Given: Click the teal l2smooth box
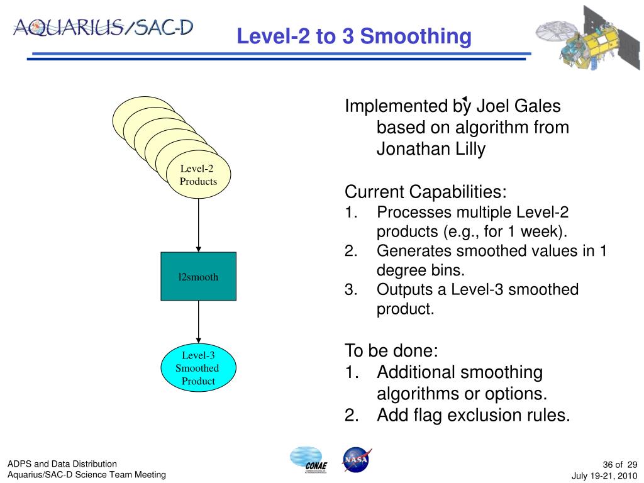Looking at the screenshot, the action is [x=198, y=277].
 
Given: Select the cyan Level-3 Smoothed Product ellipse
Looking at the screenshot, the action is [x=198, y=367].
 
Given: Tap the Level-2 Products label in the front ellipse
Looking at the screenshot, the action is [x=198, y=175].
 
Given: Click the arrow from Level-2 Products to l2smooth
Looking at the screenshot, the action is [x=198, y=226].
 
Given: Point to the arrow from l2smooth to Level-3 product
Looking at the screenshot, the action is [x=198, y=322].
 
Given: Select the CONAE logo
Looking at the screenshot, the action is [x=309, y=460].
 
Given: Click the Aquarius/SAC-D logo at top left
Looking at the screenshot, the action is [x=103, y=28].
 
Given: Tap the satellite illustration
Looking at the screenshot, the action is [x=588, y=38].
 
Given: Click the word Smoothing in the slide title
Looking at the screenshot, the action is [x=416, y=36].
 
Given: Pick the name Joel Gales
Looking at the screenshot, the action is [x=518, y=106].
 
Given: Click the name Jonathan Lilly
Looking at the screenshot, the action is [x=431, y=148].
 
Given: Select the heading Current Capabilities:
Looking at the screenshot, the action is [x=426, y=192].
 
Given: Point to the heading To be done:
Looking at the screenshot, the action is [x=391, y=350].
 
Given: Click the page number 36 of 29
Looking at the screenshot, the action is [x=619, y=465].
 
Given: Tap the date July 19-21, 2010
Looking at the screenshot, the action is [x=604, y=476].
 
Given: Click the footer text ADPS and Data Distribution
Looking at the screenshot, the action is [x=62, y=464].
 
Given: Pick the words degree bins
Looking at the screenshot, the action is [x=421, y=270].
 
